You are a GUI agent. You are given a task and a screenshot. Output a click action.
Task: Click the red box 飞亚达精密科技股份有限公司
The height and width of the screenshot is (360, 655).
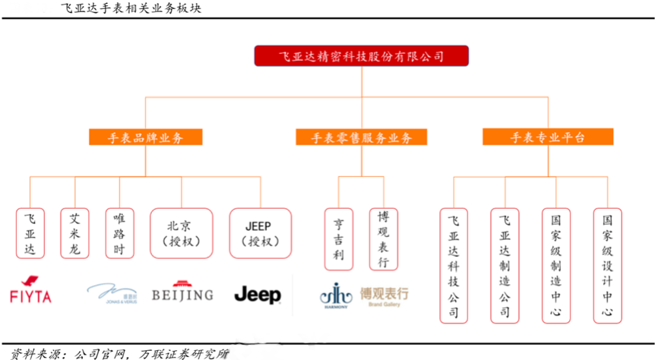[361, 56]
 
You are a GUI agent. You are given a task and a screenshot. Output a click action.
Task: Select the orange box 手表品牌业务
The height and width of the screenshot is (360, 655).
[146, 137]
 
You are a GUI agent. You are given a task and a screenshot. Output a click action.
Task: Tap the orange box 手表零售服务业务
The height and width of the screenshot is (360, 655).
[361, 137]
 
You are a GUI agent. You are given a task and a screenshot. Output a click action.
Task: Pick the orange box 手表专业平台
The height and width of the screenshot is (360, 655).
[547, 137]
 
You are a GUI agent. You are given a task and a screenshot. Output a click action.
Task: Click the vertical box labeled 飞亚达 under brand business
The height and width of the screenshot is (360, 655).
[30, 232]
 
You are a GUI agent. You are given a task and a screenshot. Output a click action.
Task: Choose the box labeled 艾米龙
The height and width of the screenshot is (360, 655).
[74, 232]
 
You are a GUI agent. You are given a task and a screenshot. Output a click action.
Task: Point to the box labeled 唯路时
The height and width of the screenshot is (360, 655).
[119, 232]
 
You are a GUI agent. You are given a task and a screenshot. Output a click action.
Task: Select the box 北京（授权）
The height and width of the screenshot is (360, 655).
[181, 233]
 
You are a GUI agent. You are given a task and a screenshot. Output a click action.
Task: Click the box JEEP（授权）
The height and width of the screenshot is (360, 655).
[261, 233]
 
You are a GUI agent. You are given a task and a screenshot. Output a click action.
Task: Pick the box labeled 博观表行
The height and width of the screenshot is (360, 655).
[383, 238]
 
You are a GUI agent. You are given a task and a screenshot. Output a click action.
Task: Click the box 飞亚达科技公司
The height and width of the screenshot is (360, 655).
[454, 265]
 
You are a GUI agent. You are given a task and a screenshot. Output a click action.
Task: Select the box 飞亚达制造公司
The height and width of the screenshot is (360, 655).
[505, 265]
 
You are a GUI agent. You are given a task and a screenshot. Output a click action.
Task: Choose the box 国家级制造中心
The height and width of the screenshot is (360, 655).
[555, 265]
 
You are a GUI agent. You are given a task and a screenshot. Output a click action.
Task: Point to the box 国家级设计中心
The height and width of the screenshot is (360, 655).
[606, 265]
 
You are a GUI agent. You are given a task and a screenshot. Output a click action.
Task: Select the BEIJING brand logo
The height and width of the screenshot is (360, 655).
[182, 292]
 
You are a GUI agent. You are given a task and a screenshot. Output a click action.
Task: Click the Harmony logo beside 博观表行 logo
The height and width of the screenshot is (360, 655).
[335, 295]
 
